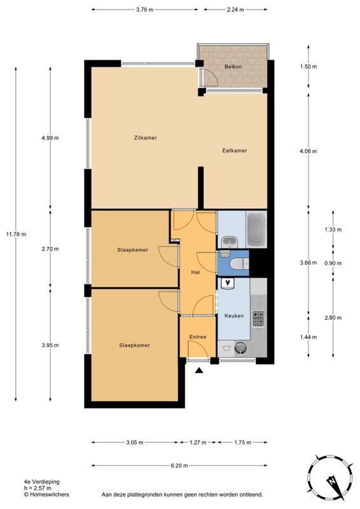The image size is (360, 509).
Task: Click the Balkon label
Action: pyautogui.click(x=232, y=66)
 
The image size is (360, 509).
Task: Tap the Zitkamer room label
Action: pyautogui.click(x=146, y=137)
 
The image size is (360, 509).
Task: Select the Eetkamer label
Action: pyautogui.click(x=234, y=151)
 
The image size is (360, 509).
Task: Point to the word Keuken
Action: pyautogui.click(x=234, y=316)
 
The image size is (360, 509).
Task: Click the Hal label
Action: pyautogui.click(x=196, y=272)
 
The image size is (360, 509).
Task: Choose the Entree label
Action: pyautogui.click(x=198, y=337)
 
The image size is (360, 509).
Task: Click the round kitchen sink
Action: pyautogui.click(x=240, y=348)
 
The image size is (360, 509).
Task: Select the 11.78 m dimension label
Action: pyautogui.click(x=16, y=234)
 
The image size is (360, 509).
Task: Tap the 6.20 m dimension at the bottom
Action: pyautogui.click(x=179, y=466)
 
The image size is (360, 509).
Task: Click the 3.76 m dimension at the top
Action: pyautogui.click(x=144, y=10)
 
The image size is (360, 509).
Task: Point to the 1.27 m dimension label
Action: pyautogui.click(x=198, y=442)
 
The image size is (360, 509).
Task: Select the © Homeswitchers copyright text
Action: pyautogui.click(x=46, y=494)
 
